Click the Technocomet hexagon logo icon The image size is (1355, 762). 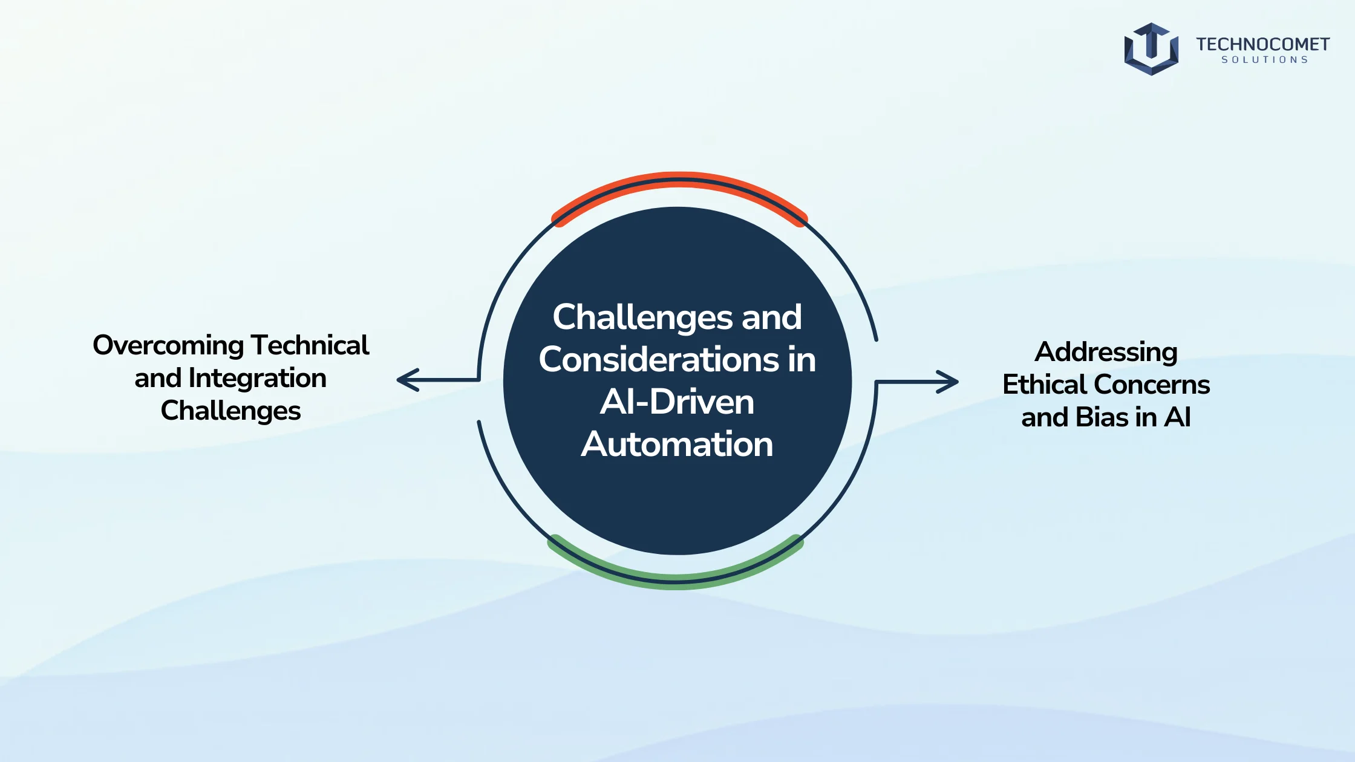coord(1151,49)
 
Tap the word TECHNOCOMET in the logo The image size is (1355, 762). coord(1262,44)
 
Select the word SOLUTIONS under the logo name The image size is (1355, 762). coord(1265,60)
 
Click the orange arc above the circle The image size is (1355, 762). coord(679,178)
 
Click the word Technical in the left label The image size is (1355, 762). coord(310,345)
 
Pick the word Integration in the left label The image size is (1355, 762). coord(258,378)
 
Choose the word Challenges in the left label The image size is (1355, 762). coord(230,411)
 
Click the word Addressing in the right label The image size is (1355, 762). coord(1106,352)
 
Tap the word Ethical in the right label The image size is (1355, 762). coord(1045,385)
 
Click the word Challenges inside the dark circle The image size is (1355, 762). coord(643,317)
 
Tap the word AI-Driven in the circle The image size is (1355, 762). coord(677,402)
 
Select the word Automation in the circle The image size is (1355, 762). coord(677,444)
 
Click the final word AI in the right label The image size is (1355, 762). coord(1178,417)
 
